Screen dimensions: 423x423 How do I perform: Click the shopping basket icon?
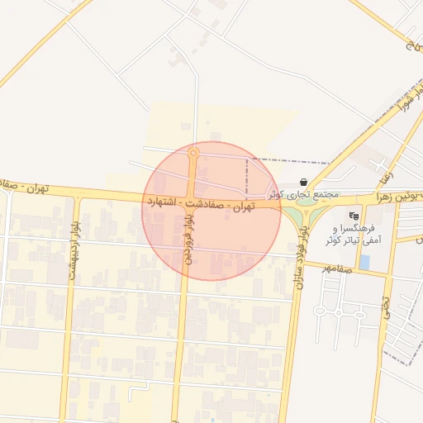[x=304, y=182]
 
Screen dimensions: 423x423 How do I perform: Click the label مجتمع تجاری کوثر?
[x=304, y=194]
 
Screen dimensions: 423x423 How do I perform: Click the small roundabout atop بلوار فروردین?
[x=193, y=153]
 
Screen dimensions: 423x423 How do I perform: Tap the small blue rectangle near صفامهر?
[x=364, y=263]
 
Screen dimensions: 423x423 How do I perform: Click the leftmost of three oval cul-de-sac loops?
[x=316, y=313]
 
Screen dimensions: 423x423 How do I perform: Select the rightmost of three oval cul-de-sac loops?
[x=359, y=313]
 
